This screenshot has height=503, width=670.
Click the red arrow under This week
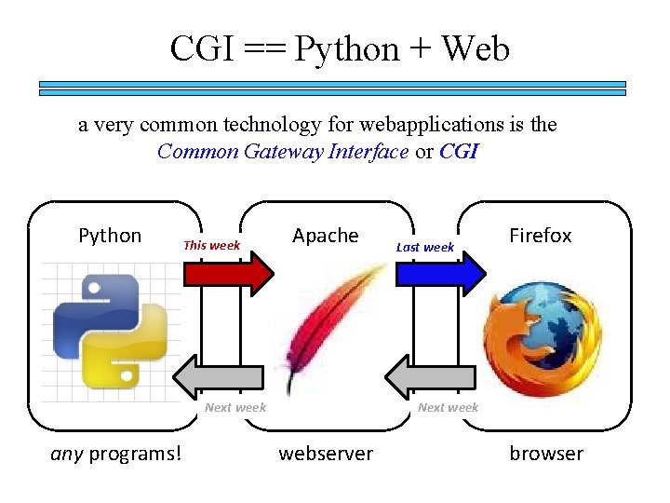(x=229, y=272)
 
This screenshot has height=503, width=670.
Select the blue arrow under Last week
(x=441, y=272)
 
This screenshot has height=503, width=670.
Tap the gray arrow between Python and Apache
(x=223, y=377)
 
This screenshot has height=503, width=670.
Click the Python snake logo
(x=110, y=330)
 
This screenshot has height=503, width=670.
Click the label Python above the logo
(x=110, y=236)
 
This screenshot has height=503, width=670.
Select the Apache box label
(x=325, y=236)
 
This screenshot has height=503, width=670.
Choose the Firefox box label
(x=540, y=236)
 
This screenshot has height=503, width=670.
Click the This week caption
(x=211, y=246)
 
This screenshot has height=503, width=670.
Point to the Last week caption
(x=424, y=247)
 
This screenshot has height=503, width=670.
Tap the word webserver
(x=326, y=454)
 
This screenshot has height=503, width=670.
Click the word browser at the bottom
(x=545, y=454)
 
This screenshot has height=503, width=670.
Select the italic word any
(x=67, y=454)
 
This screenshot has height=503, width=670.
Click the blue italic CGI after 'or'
(x=458, y=152)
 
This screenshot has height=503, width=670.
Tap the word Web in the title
(x=476, y=48)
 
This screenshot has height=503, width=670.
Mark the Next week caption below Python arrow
(x=235, y=407)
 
